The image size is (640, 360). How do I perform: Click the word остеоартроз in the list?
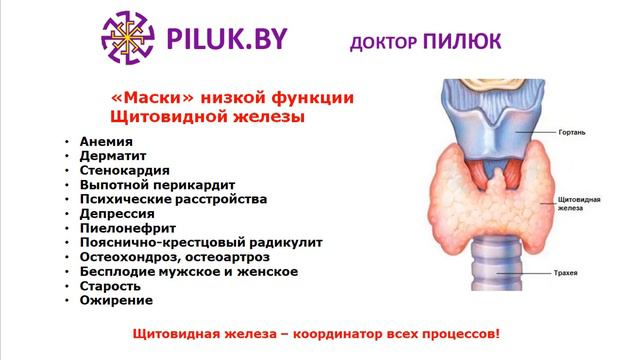(x=230, y=256)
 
